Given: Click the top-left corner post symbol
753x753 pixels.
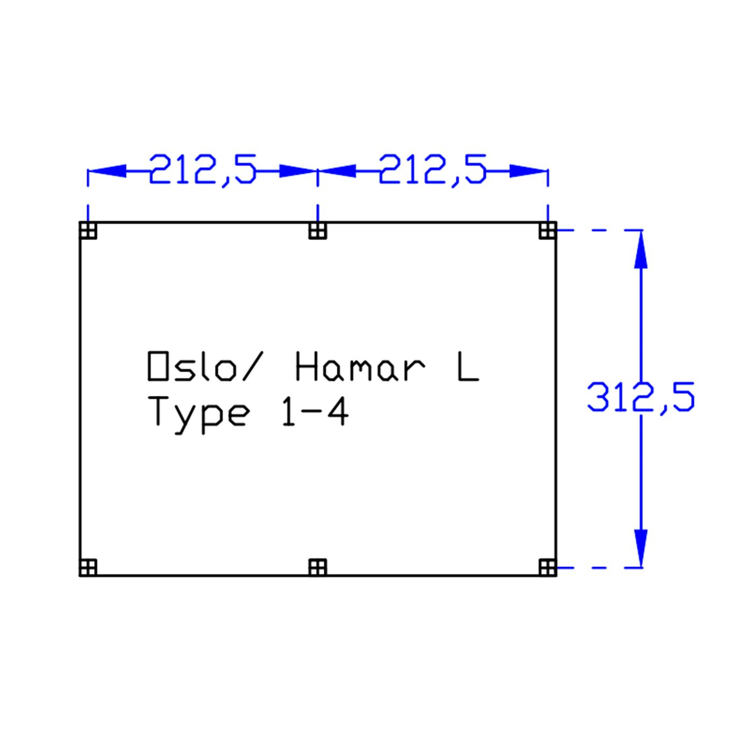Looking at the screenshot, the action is pyautogui.click(x=88, y=230).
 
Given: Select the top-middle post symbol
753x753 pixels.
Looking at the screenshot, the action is pyautogui.click(x=318, y=230).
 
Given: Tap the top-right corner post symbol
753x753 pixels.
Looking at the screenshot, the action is pyautogui.click(x=548, y=230).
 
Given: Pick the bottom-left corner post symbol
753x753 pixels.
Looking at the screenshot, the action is pyautogui.click(x=88, y=567).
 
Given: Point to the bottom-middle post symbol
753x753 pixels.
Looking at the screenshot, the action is pyautogui.click(x=318, y=567).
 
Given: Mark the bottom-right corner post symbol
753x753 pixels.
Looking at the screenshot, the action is pyautogui.click(x=548, y=567).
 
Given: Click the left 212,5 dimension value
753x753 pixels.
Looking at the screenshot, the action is pyautogui.click(x=203, y=171).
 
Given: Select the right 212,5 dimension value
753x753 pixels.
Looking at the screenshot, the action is pyautogui.click(x=432, y=171).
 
